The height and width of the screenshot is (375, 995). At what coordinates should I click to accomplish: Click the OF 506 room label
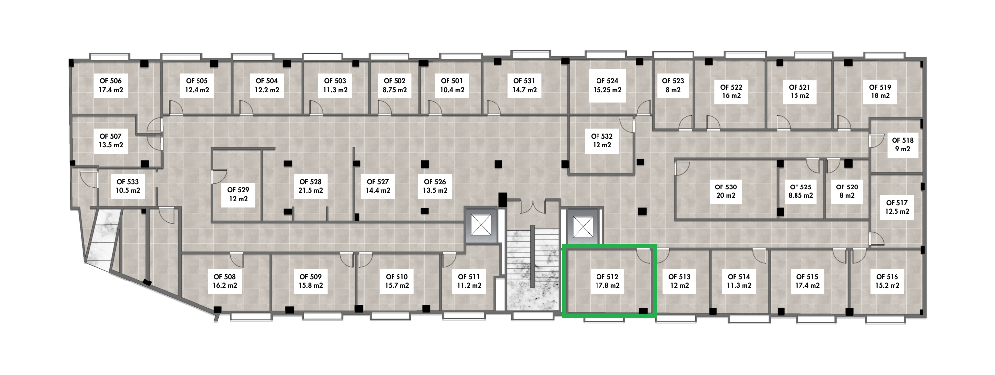coord(111,86)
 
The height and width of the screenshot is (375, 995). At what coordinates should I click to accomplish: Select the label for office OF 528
coord(310,186)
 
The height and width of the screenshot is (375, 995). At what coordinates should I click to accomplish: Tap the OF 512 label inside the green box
coord(607,281)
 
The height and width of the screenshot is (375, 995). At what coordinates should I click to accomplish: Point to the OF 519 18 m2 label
coord(880,91)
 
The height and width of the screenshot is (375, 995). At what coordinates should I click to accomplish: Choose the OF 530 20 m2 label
coord(726,191)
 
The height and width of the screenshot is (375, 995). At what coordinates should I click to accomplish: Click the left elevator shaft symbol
coord(481,226)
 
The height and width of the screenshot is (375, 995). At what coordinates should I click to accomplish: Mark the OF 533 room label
coord(128,186)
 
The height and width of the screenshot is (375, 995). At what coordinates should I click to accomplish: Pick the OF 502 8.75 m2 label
coord(395,85)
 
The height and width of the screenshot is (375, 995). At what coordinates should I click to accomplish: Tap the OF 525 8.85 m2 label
coord(801,191)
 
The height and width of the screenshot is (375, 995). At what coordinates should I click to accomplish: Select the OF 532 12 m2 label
coord(601,140)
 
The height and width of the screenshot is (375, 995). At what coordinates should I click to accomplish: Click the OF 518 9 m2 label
coord(902,145)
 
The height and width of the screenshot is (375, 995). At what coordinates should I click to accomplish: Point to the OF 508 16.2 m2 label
coord(225,281)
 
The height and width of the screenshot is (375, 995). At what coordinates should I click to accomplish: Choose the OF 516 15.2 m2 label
coord(887,281)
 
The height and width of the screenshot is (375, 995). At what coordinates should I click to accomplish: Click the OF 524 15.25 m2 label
coord(607,85)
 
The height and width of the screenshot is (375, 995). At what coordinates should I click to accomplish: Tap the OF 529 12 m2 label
coord(238,194)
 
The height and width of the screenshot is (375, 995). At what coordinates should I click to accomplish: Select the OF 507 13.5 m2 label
coord(110,140)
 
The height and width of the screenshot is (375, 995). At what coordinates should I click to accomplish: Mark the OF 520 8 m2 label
coord(847,191)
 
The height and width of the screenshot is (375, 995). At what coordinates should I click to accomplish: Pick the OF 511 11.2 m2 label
coord(469,281)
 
